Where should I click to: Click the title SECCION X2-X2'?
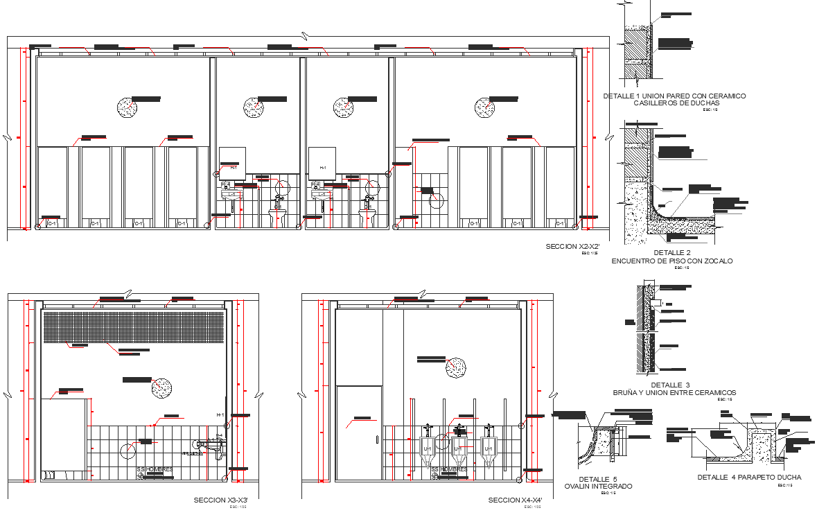click(x=572, y=247)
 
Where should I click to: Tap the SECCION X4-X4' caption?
click(x=515, y=500)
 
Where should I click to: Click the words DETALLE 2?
click(x=671, y=252)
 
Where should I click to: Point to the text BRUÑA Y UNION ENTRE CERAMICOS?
click(x=674, y=392)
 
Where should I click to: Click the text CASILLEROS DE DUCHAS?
click(x=674, y=103)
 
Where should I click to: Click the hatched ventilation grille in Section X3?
click(x=133, y=326)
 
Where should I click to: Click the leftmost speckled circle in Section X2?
click(x=126, y=107)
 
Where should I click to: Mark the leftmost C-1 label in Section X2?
click(x=53, y=223)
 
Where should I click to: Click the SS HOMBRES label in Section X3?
click(x=155, y=469)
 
